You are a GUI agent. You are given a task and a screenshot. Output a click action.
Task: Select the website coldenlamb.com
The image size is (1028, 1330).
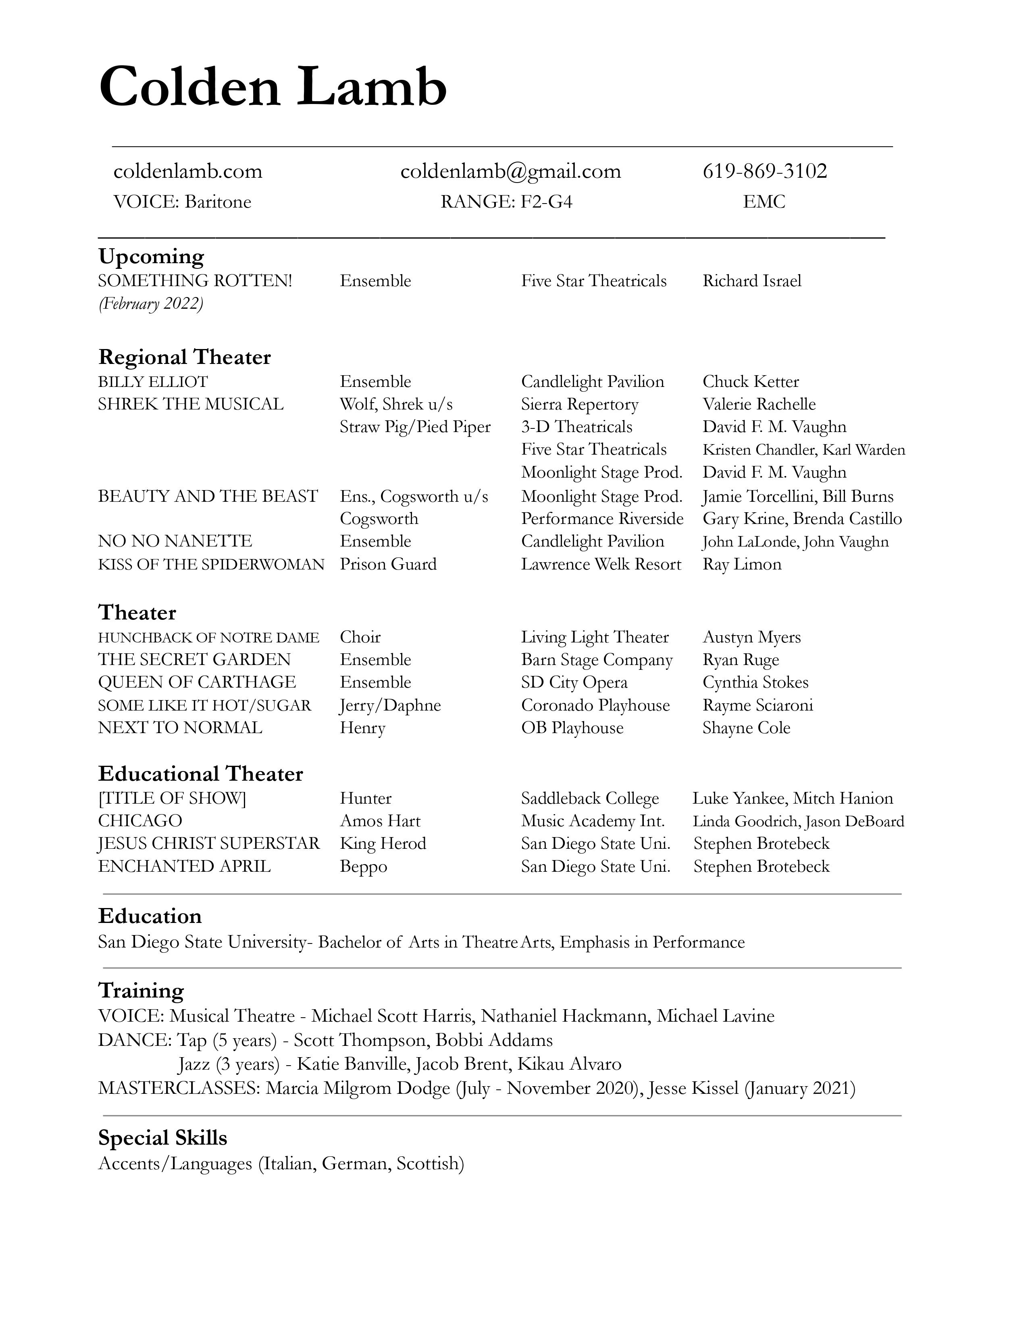pos(187,171)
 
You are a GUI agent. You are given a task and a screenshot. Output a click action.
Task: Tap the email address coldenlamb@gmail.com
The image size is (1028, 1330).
pos(510,171)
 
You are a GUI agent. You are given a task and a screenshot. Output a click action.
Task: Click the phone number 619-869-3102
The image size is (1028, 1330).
pos(764,171)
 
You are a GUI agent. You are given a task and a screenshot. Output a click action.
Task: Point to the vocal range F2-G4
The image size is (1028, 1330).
pos(546,202)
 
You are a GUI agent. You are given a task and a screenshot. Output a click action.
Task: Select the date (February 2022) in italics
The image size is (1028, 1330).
pos(150,303)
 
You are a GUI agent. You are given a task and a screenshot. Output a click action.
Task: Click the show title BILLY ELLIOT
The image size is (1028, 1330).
pos(153,382)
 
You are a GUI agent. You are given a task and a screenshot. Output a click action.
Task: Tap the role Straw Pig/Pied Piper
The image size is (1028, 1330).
pos(415,427)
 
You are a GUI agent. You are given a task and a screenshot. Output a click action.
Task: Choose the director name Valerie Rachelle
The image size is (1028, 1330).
pos(759,404)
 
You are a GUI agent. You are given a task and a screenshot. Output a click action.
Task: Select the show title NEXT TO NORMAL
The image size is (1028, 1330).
pos(180,728)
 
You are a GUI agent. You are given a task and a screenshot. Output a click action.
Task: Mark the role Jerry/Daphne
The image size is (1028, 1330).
pos(390,705)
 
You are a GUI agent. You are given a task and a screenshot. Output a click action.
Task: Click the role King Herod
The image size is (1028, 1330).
pos(383,844)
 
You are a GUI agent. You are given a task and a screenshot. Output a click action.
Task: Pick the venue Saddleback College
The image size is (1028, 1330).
pos(589,798)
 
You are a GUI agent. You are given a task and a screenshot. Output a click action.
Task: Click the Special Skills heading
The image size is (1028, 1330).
pos(162,1138)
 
